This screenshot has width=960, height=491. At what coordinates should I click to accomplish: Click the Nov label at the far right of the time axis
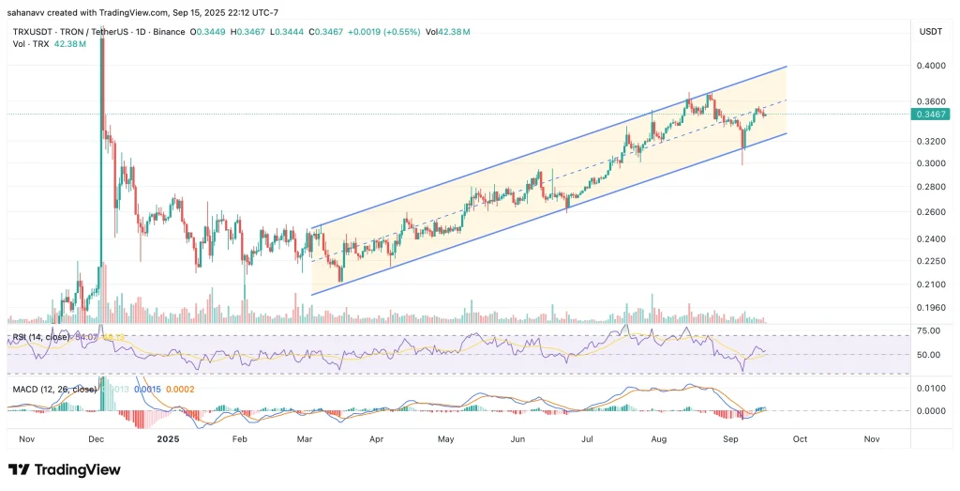(871, 438)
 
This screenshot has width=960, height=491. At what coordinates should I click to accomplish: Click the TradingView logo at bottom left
(64, 469)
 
